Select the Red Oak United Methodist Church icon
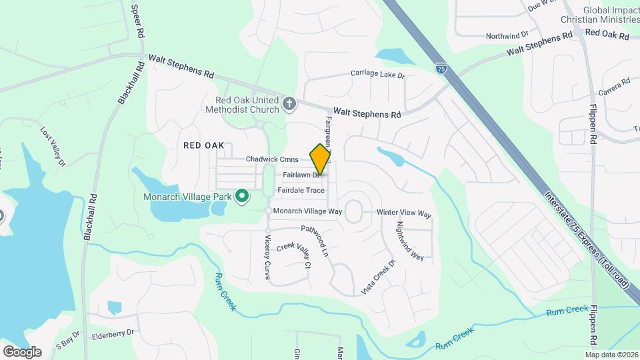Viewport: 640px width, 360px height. (x=289, y=103)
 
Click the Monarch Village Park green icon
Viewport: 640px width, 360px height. (x=243, y=197)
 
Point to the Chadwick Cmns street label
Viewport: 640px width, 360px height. (x=272, y=159)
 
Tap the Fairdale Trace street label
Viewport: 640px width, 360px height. (x=301, y=190)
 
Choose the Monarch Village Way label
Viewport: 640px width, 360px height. (x=307, y=211)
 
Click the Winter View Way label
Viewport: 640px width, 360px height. (x=404, y=213)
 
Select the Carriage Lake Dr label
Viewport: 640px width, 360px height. (x=378, y=75)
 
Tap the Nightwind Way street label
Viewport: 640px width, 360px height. (x=410, y=241)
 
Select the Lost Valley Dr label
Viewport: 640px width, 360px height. (x=54, y=146)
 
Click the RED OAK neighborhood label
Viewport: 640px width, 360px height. (x=204, y=145)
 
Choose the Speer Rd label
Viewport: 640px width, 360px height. (x=137, y=22)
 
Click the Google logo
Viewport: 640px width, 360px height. (x=22, y=351)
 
